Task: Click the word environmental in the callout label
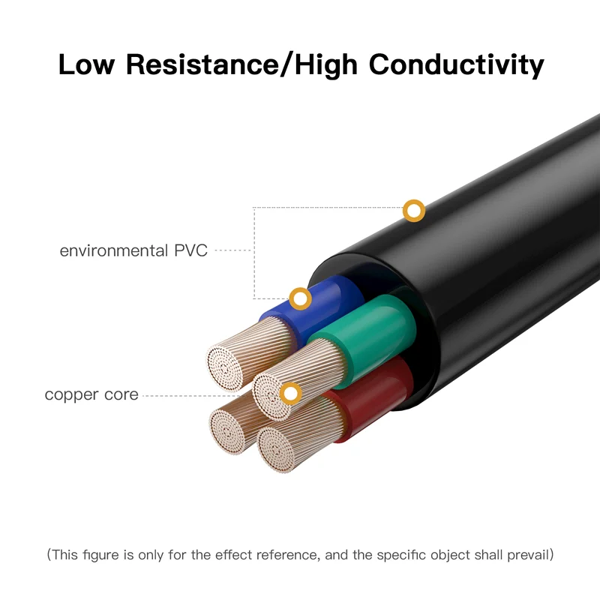point(112,250)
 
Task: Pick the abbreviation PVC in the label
point(189,250)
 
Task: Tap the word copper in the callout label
point(72,394)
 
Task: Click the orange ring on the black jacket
point(413,211)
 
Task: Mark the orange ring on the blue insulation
point(301,298)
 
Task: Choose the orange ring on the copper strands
point(289,392)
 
